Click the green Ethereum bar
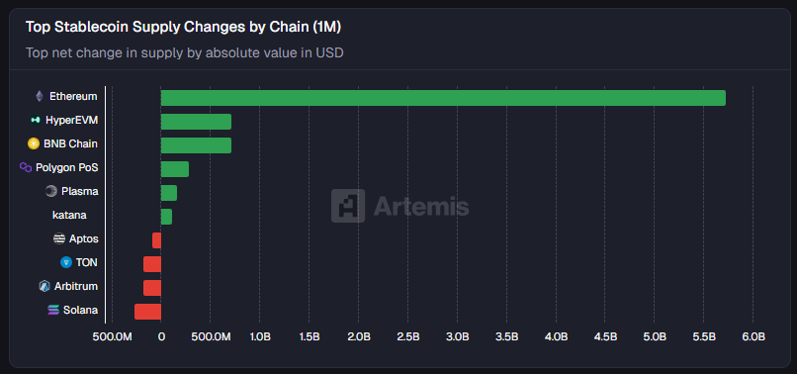click(443, 97)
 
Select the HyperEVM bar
click(196, 122)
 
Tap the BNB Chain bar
click(196, 145)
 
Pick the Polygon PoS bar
click(174, 169)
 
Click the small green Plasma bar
click(168, 193)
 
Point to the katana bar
click(166, 217)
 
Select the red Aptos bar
click(156, 240)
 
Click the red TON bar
click(151, 264)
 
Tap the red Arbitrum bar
click(151, 288)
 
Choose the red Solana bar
click(147, 312)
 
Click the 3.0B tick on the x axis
click(457, 337)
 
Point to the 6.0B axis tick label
click(753, 337)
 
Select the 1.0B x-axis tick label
click(260, 337)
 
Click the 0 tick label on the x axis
click(161, 337)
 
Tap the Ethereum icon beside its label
click(40, 97)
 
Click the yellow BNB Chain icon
click(33, 144)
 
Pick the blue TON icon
click(66, 263)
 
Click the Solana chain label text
click(81, 311)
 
